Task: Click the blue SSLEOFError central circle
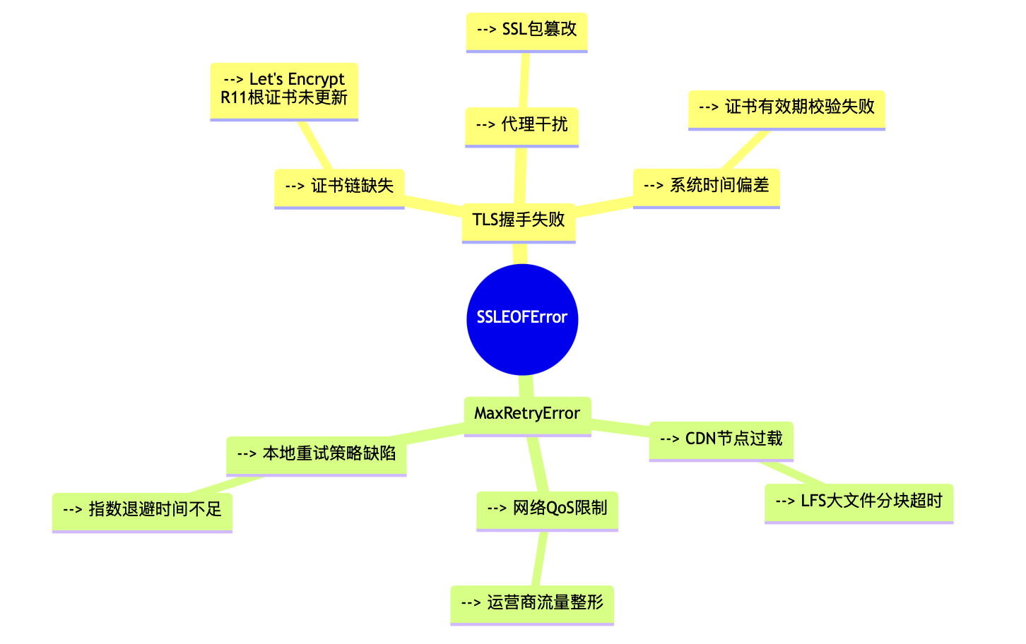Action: point(522,319)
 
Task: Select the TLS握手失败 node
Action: point(519,220)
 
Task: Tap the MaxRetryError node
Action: point(527,414)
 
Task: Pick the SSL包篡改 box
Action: point(526,30)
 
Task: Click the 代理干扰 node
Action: point(521,125)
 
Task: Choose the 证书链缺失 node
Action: point(339,186)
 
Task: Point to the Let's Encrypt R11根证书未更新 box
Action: point(284,90)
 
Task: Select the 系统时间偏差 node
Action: point(706,186)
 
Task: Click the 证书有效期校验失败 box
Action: point(786,107)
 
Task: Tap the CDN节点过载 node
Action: point(721,439)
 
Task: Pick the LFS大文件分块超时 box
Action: point(859,501)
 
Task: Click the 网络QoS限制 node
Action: point(547,508)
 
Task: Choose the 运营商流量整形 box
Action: point(532,603)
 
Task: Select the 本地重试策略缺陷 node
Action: point(316,454)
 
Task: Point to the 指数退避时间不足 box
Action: point(142,510)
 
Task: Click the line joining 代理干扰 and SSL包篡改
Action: point(524,80)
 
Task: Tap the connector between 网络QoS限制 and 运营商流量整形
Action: point(540,558)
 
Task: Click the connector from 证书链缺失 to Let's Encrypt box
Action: point(315,145)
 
